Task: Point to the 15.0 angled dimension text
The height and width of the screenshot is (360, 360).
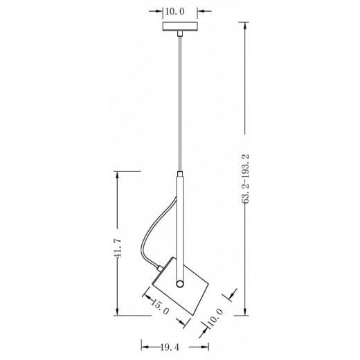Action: point(162,307)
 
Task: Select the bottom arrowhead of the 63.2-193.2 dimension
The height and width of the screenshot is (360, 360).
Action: point(247,312)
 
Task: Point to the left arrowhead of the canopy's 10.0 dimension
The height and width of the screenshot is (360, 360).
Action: point(163,11)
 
